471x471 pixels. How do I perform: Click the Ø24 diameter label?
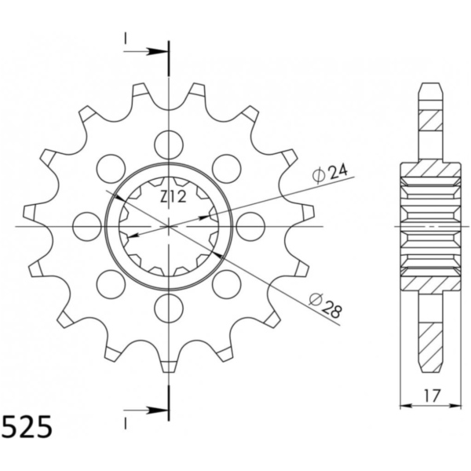point(330,173)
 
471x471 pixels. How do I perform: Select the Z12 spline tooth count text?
point(173,197)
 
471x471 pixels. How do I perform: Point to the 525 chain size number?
point(27,427)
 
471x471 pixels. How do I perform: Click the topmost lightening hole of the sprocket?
point(169,144)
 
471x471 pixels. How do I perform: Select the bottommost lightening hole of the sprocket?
point(169,308)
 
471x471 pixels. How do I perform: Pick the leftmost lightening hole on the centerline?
point(87,226)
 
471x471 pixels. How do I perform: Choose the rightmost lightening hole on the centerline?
point(250,226)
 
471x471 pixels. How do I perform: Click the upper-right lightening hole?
point(227,169)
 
